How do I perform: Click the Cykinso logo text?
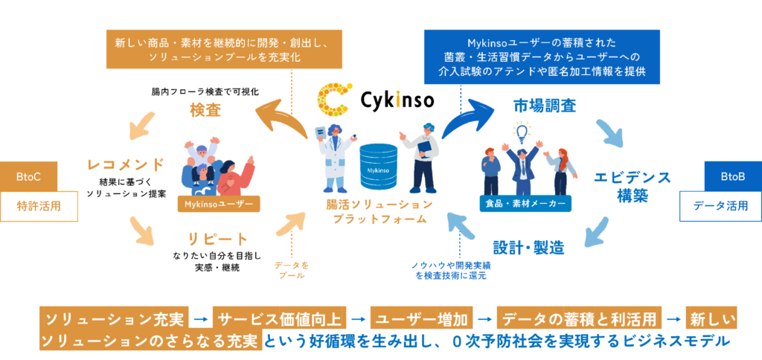tap(397, 100)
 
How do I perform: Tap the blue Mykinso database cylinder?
tap(379, 166)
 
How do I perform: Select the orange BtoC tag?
tap(29, 177)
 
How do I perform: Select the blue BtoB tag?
tap(733, 177)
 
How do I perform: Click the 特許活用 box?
tap(39, 206)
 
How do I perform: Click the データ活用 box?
tap(720, 206)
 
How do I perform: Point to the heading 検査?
tap(205, 110)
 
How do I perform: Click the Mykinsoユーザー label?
tap(219, 205)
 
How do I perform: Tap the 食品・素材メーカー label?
tap(525, 204)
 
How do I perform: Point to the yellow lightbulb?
tap(522, 132)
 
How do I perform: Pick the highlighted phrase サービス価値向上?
tap(279, 318)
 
